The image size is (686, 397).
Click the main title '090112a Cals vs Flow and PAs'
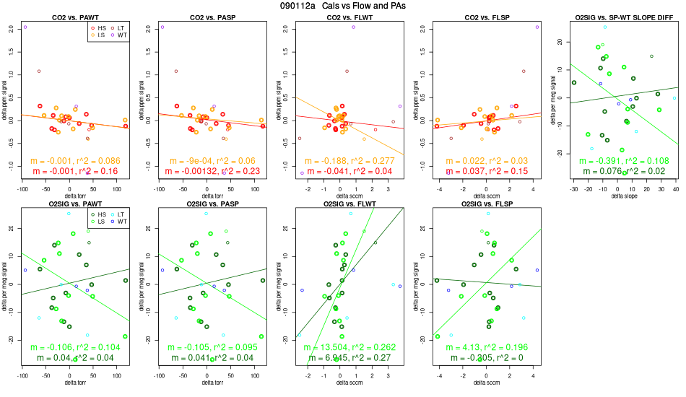tap(343, 6)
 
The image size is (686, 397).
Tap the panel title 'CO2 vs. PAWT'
tap(69, 17)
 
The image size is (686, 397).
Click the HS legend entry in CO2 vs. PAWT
tap(100, 27)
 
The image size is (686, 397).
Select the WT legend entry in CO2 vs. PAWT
tap(118, 35)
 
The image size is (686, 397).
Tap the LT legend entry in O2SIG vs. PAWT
tap(118, 214)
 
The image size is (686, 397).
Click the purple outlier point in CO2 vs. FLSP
tap(537, 27)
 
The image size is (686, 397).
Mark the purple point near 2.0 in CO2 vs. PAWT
tap(25, 27)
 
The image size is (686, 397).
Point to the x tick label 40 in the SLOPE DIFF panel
tap(675, 188)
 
